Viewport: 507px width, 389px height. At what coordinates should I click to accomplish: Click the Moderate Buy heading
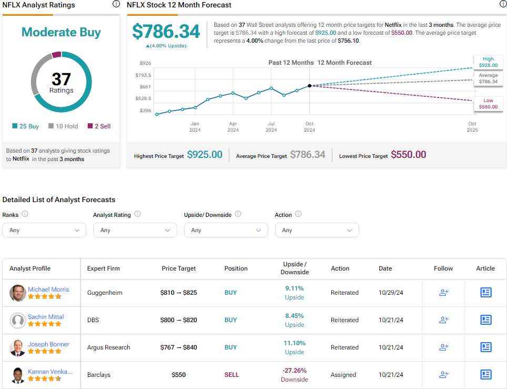click(61, 32)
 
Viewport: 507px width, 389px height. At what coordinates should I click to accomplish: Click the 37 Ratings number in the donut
click(61, 79)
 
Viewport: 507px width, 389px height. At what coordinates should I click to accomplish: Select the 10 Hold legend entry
click(63, 126)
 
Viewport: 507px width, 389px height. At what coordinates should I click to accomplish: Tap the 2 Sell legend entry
click(99, 126)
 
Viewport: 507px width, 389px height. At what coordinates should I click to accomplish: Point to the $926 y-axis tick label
click(145, 63)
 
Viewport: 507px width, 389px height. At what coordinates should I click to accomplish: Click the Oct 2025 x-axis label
click(472, 127)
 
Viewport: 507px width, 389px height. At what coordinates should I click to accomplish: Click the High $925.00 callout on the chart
click(488, 62)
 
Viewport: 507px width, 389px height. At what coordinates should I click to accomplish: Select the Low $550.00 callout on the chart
click(488, 104)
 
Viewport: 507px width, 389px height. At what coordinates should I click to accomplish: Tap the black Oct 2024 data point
click(309, 85)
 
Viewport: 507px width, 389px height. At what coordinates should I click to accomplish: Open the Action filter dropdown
click(317, 230)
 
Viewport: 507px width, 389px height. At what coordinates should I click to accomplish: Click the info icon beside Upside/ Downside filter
click(238, 214)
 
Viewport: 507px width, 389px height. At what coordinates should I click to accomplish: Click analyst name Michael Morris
click(48, 290)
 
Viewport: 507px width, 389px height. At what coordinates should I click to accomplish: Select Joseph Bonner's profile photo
click(18, 347)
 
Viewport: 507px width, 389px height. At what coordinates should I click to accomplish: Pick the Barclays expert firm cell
click(100, 375)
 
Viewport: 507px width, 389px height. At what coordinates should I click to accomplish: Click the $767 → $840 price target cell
click(178, 347)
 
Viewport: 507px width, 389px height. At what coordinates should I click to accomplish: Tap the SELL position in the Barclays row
click(231, 375)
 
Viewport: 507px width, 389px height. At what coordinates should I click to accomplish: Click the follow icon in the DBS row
click(443, 320)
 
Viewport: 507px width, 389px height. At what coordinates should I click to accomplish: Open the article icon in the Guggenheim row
click(485, 292)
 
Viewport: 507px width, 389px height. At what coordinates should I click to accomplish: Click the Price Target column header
click(178, 268)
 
